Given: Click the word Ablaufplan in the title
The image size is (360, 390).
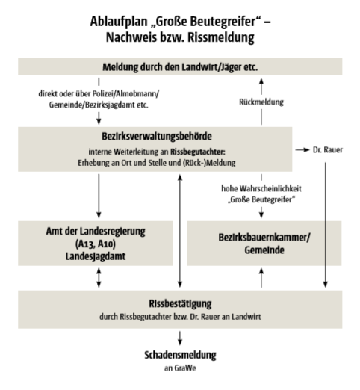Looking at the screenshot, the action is click(x=119, y=22).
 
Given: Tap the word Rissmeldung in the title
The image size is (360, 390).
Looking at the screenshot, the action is click(x=221, y=37).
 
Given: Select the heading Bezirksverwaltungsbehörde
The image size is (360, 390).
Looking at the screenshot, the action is click(x=157, y=136).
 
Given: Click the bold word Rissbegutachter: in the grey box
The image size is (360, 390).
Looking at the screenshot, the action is click(x=198, y=152).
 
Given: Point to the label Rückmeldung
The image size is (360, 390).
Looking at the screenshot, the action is click(x=261, y=102).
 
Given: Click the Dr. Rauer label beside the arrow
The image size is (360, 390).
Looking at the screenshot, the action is click(x=328, y=150).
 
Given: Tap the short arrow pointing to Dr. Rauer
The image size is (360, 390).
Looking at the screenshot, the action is click(x=302, y=150).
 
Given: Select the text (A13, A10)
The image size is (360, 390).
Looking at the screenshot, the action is click(x=96, y=244).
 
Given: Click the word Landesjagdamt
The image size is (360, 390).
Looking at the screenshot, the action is click(x=96, y=256).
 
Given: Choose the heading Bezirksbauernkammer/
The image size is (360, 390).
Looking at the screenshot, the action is click(x=264, y=238).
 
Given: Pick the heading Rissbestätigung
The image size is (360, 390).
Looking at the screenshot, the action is click(x=180, y=303).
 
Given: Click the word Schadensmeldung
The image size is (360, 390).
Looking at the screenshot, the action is click(x=180, y=355).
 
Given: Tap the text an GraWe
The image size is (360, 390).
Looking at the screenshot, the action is click(x=180, y=368).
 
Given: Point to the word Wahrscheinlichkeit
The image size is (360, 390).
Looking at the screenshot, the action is click(x=270, y=188).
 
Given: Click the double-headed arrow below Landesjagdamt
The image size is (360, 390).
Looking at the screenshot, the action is click(x=99, y=278).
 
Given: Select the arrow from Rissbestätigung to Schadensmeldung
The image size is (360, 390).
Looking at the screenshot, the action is click(x=180, y=338).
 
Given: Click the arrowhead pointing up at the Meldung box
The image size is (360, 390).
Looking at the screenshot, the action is click(x=261, y=81).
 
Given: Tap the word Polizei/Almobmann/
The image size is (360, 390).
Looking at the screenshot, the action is click(x=125, y=94).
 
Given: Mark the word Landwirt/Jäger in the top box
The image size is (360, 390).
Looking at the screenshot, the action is click(x=211, y=67).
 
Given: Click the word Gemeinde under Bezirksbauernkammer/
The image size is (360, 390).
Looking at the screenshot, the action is click(x=264, y=250).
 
